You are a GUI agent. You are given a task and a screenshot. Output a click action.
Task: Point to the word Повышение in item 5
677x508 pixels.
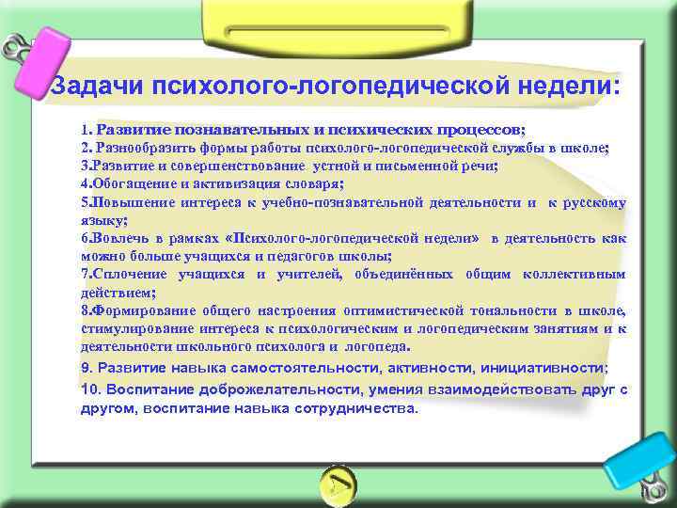pyautogui.click(x=128, y=201)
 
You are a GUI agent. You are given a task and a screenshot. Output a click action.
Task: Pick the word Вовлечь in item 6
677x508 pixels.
pyautogui.click(x=118, y=238)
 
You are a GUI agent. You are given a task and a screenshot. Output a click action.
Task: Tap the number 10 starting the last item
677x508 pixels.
pyautogui.click(x=87, y=389)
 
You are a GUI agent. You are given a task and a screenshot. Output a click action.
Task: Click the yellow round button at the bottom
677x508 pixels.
pyautogui.click(x=338, y=484)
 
